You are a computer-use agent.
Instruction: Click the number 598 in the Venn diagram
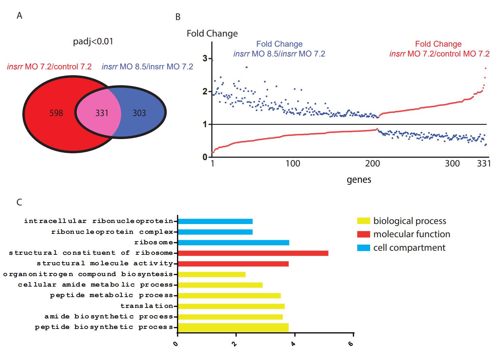pos(56,113)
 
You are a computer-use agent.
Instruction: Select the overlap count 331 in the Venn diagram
pos(102,113)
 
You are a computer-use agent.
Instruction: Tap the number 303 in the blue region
pos(139,113)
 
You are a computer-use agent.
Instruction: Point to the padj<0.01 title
pos(93,42)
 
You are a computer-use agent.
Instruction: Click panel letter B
pos(178,17)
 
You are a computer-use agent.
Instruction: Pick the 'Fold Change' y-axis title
pos(212,33)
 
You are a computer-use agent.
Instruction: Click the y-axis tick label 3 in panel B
pos(205,58)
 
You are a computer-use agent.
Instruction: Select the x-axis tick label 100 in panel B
pos(293,164)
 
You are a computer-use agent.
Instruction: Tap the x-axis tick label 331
pos(484,164)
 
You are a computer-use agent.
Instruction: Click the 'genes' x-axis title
pos(359,180)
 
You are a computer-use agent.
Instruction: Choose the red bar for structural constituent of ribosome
pos(253,253)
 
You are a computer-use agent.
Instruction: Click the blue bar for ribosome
pos(233,243)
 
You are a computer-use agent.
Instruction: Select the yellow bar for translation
pos(231,306)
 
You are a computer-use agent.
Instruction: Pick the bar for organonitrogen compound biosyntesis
pos(212,274)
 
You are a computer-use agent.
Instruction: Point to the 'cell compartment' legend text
pos(409,248)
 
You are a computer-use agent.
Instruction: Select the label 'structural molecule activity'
pos(105,264)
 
